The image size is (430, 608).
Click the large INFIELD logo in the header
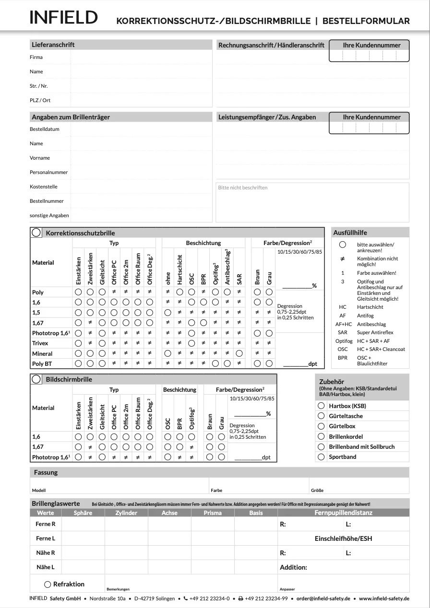63,18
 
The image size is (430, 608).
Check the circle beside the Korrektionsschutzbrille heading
36,233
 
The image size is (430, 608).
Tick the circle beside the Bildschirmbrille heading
36,379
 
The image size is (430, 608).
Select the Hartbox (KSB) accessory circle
321,406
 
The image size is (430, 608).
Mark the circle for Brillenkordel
321,436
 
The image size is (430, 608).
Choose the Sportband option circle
321,457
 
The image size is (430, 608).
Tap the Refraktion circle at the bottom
48,585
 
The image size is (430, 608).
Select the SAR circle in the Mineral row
239,353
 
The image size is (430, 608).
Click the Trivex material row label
40,343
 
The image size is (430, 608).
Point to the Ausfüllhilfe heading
350,233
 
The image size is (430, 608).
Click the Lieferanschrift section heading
53,45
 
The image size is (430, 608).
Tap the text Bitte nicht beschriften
242,187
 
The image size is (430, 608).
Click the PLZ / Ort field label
40,100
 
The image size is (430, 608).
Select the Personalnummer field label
48,172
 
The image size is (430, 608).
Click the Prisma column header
213,513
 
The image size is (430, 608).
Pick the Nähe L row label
46,567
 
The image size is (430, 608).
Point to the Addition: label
293,567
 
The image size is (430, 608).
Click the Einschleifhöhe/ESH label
343,538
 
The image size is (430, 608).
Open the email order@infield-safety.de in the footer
323,598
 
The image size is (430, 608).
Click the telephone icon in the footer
185,598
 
